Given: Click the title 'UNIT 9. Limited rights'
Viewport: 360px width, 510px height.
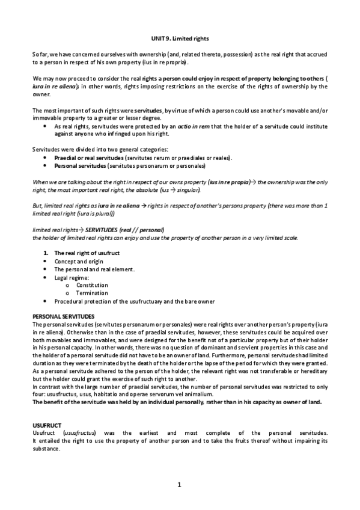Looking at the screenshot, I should [x=180, y=37].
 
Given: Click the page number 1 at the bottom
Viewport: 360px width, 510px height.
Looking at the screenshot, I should [x=179, y=485].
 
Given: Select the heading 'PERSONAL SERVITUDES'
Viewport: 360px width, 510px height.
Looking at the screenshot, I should [x=59, y=316].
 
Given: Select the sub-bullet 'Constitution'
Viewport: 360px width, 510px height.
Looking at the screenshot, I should [x=92, y=284].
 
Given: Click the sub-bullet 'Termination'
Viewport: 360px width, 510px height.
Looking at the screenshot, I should [x=92, y=292].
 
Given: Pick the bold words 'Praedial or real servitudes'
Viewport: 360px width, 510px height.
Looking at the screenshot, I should [x=90, y=158].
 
